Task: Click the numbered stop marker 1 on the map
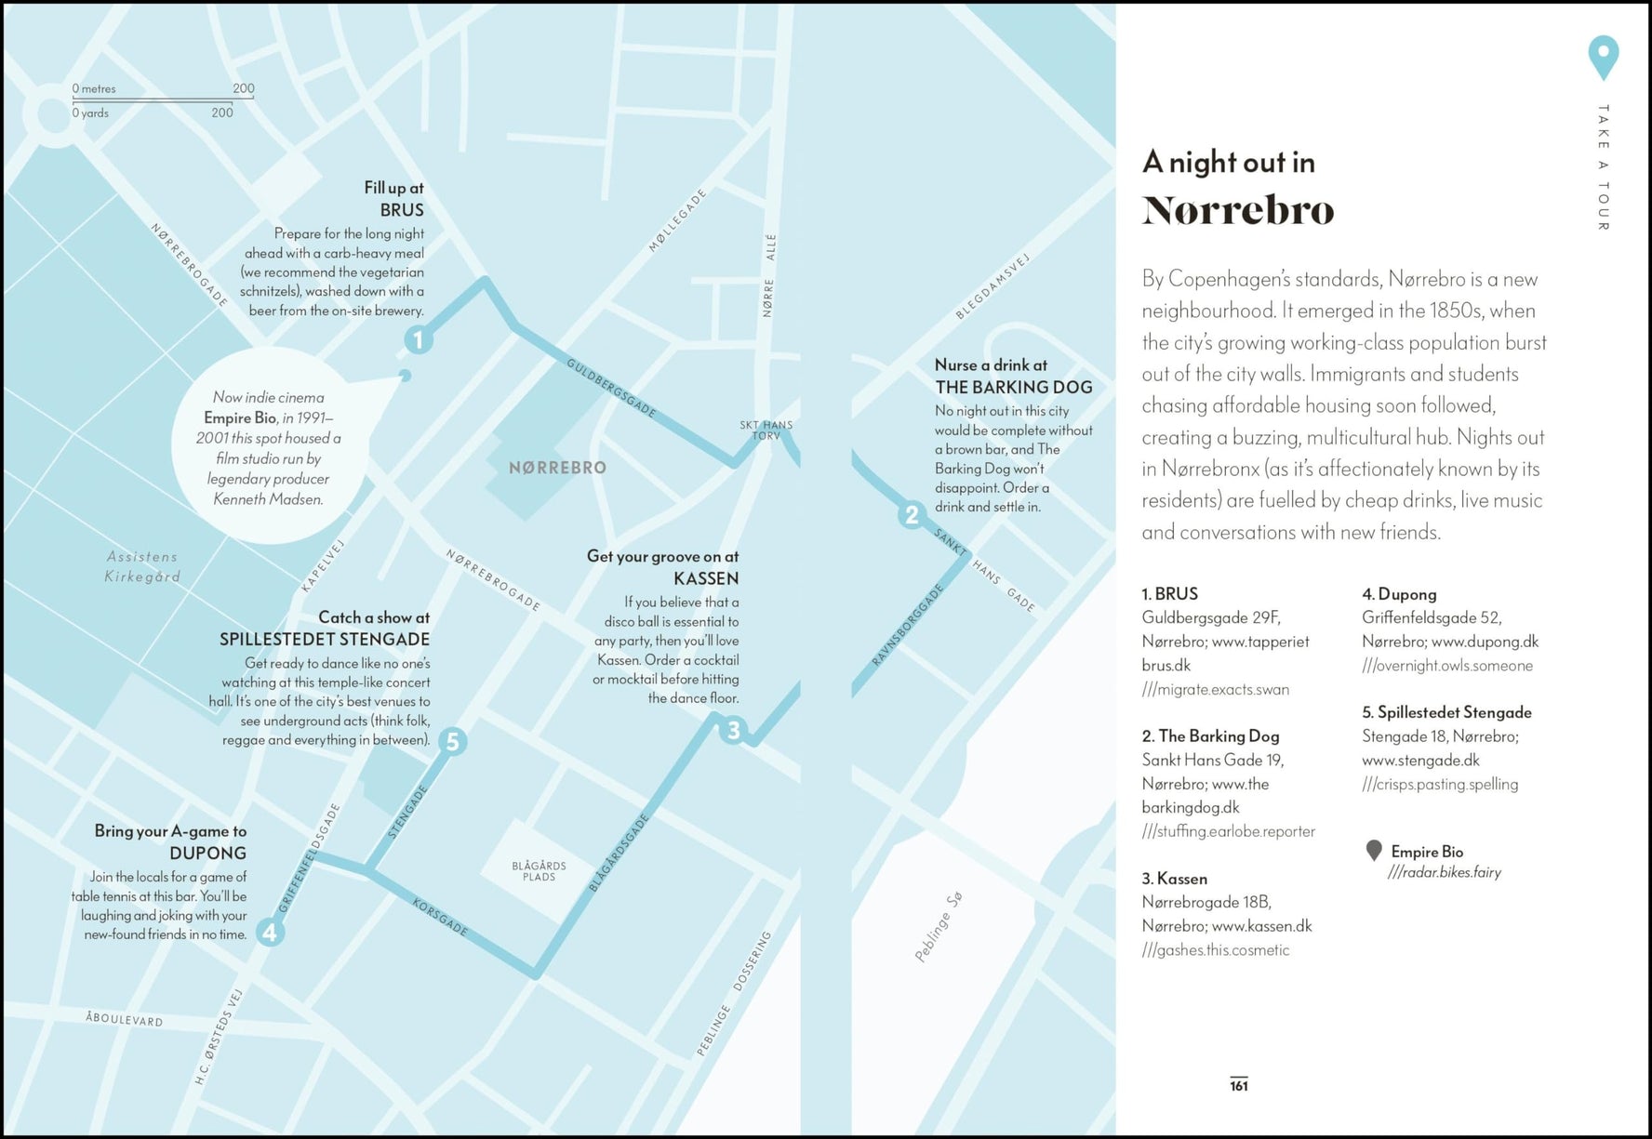click(x=419, y=340)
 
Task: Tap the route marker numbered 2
click(x=912, y=515)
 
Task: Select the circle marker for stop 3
click(x=733, y=731)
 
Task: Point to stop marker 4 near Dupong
click(x=270, y=932)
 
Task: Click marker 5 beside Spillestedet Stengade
click(x=452, y=741)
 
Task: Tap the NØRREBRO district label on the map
click(x=557, y=468)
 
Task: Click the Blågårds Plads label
click(x=539, y=871)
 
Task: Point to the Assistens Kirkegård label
click(x=142, y=566)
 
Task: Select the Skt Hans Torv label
click(x=766, y=430)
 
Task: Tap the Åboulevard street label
click(x=125, y=1019)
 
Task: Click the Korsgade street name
click(x=440, y=917)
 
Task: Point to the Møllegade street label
click(x=677, y=220)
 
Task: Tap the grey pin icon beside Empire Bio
click(x=1374, y=850)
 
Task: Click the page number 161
click(x=1238, y=1085)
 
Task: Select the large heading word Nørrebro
click(x=1237, y=210)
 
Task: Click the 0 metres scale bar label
click(x=94, y=89)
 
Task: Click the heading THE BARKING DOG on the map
click(x=1013, y=387)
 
